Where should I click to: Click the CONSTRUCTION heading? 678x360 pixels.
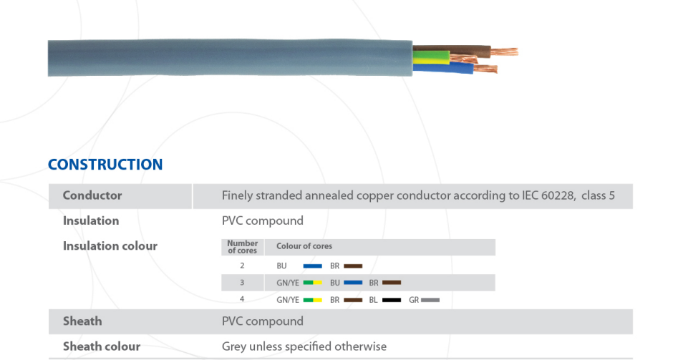pyautogui.click(x=105, y=165)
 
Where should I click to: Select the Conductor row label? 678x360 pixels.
pyautogui.click(x=92, y=195)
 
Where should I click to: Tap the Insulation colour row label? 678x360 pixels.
pyautogui.click(x=110, y=246)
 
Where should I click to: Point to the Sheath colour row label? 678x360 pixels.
pyautogui.click(x=102, y=346)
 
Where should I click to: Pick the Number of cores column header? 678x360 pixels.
pyautogui.click(x=243, y=247)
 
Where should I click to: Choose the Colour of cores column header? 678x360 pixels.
pyautogui.click(x=304, y=246)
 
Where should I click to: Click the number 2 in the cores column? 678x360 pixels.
pyautogui.click(x=242, y=266)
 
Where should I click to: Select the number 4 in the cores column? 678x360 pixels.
pyautogui.click(x=242, y=299)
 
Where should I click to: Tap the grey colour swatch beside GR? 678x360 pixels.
pyautogui.click(x=431, y=300)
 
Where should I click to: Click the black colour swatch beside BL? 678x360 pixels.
pyautogui.click(x=391, y=300)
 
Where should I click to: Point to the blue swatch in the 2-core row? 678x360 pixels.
pyautogui.click(x=312, y=266)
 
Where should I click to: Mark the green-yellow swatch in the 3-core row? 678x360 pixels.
pyautogui.click(x=312, y=283)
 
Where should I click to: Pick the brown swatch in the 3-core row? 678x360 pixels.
pyautogui.click(x=392, y=283)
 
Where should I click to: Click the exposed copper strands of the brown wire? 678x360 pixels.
pyautogui.click(x=504, y=52)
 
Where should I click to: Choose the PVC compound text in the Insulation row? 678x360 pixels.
pyautogui.click(x=263, y=220)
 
